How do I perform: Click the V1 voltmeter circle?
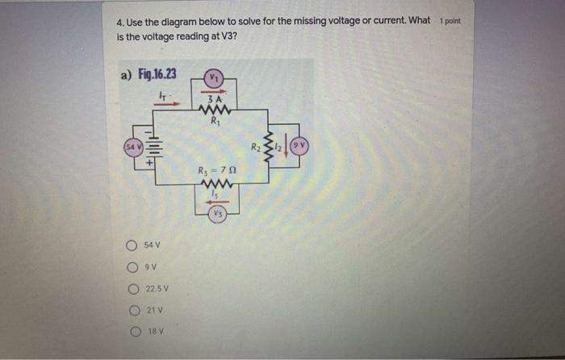coord(214,78)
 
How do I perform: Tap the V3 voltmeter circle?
coord(217,213)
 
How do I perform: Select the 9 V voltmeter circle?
coord(299,148)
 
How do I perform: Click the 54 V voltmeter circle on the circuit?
coord(130,149)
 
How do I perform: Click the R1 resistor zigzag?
coord(215,111)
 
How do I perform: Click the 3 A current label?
coord(215,99)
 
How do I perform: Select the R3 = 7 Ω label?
coord(216,170)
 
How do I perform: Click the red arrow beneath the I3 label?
coord(216,201)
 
